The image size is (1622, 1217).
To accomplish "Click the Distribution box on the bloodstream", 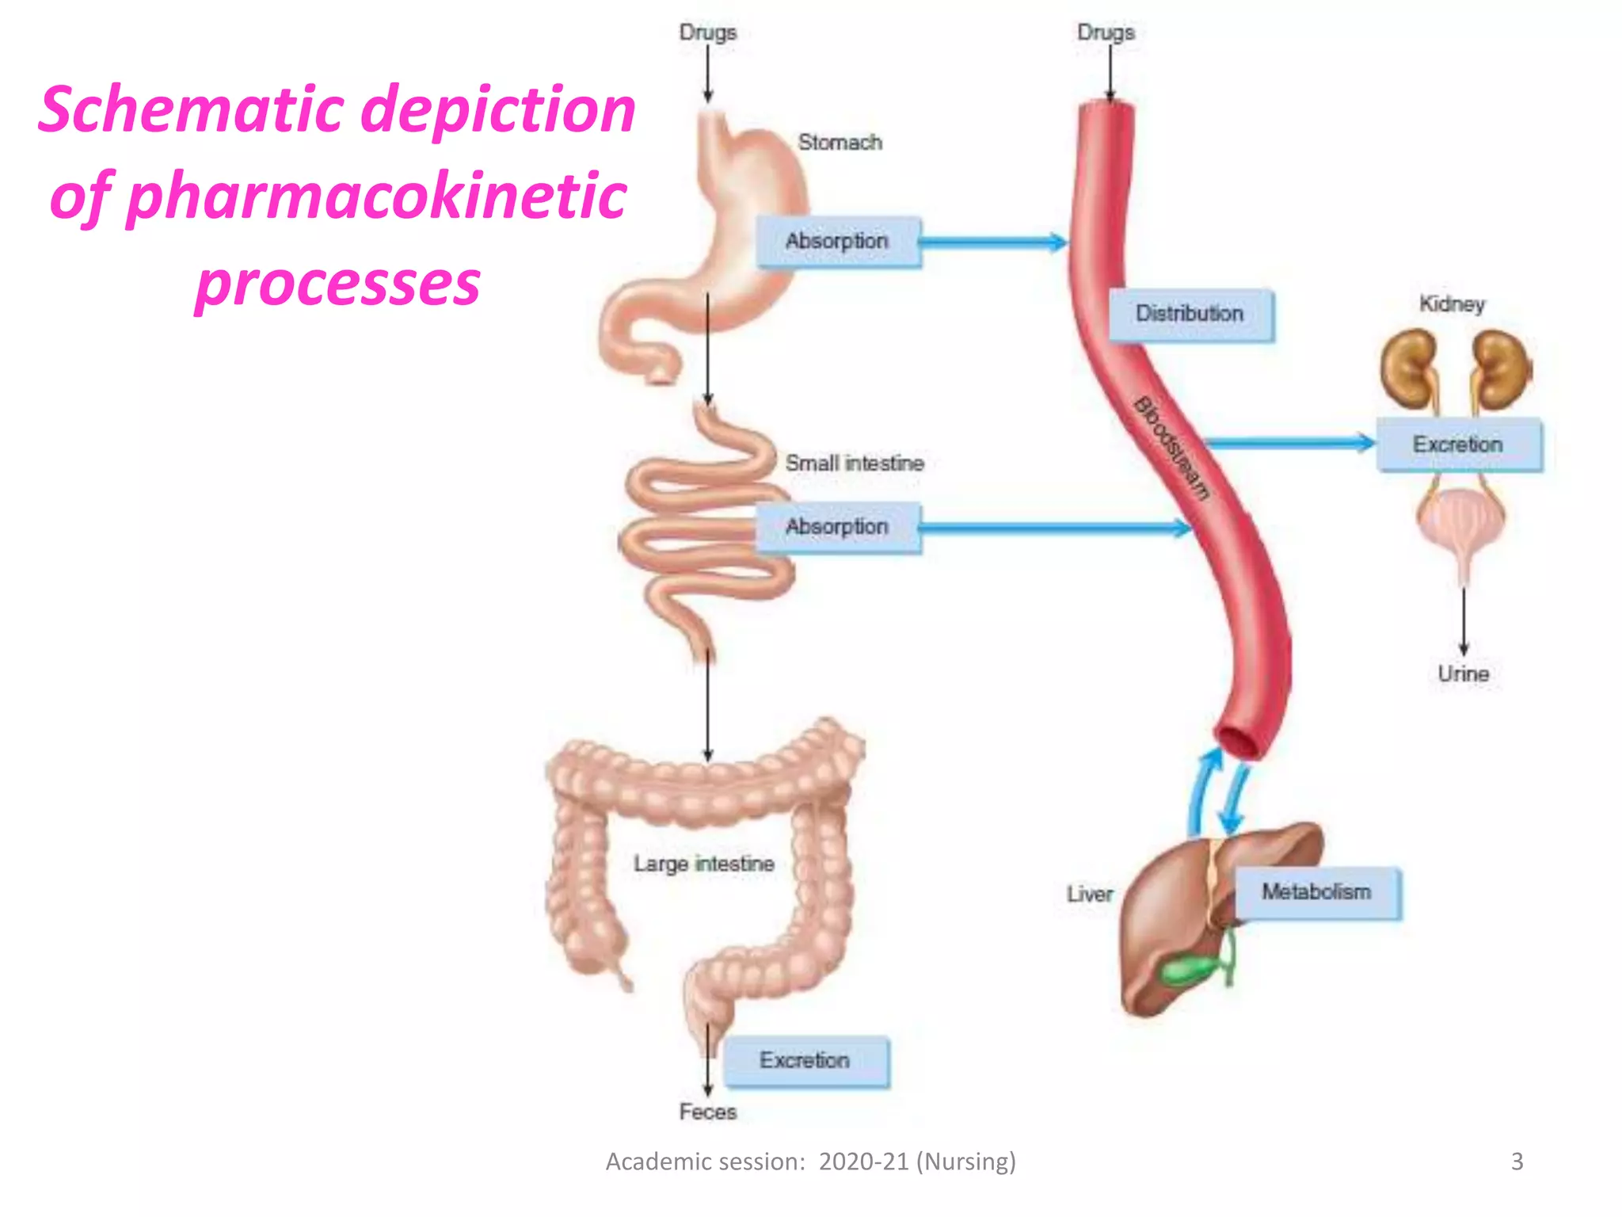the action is pyautogui.click(x=1190, y=315).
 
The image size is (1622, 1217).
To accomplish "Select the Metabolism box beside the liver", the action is pyautogui.click(x=1318, y=893).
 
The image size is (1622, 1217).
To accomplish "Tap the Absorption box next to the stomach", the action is pyautogui.click(x=838, y=242).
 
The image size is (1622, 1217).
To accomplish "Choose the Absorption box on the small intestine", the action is pyautogui.click(x=838, y=527).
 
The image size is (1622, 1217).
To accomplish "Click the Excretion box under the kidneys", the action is pyautogui.click(x=1459, y=444).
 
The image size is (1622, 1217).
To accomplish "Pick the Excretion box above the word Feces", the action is pyautogui.click(x=806, y=1061).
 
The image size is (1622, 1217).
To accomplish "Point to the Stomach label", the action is pyautogui.click(x=840, y=143).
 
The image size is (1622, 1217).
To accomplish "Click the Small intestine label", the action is pyautogui.click(x=855, y=463).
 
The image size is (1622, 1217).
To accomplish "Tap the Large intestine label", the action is pyautogui.click(x=704, y=864).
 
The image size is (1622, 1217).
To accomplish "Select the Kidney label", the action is pyautogui.click(x=1452, y=304).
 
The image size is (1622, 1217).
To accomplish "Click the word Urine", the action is pyautogui.click(x=1464, y=674).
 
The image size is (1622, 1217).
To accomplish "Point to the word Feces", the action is pyautogui.click(x=708, y=1112).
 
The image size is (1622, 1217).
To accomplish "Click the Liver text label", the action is pyautogui.click(x=1090, y=895).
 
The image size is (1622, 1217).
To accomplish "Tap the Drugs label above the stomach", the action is pyautogui.click(x=708, y=33).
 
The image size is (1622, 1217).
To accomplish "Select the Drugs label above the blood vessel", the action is pyautogui.click(x=1106, y=33).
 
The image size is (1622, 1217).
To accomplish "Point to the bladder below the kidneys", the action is pyautogui.click(x=1462, y=524).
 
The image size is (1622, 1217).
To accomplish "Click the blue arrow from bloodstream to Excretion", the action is pyautogui.click(x=1289, y=444).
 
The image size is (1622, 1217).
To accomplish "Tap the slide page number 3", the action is pyautogui.click(x=1517, y=1162).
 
